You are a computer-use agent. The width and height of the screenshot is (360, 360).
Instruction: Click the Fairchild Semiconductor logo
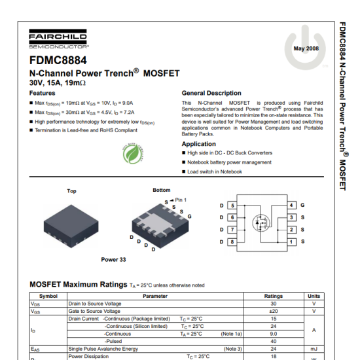tap(60, 40)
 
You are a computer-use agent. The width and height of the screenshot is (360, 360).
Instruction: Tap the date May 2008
tap(306, 49)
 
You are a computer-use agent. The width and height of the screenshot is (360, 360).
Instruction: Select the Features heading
tap(43, 93)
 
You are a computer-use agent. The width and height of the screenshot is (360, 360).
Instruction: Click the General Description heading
tap(211, 93)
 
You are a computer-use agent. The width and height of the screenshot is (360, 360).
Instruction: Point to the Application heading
tap(198, 144)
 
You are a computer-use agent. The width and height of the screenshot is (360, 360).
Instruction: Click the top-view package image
tap(71, 222)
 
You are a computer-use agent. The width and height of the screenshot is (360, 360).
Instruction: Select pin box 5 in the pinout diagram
tap(232, 205)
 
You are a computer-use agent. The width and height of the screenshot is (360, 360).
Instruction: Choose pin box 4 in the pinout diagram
tap(291, 205)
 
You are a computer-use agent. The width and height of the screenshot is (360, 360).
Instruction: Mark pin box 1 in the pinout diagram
tap(291, 242)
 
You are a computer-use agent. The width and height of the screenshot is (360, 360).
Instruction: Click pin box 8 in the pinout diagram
tap(232, 242)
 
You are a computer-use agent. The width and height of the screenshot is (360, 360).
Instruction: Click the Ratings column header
tap(273, 297)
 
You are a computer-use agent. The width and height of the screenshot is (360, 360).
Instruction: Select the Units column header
tap(314, 297)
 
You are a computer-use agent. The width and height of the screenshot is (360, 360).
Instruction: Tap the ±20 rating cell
tap(273, 311)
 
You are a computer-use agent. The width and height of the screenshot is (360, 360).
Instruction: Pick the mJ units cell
tap(314, 349)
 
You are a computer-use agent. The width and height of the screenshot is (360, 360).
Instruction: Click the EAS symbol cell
tap(35, 349)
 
